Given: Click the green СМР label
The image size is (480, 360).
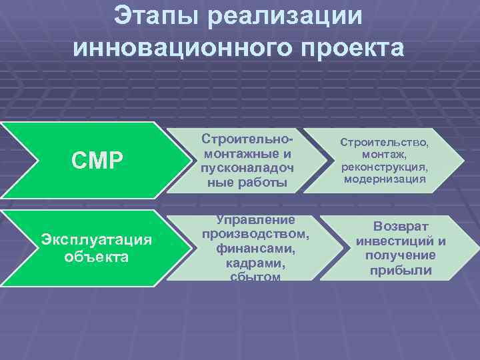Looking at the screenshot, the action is click(97, 160).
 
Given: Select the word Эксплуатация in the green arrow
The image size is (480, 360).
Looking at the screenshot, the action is click(97, 239).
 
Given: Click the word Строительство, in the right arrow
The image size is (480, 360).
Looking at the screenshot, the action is click(385, 143).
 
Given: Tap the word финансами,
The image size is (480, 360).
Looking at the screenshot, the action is click(255, 248).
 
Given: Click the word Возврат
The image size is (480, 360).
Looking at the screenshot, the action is click(401, 227).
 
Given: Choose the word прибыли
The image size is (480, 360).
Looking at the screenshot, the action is click(401, 271).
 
